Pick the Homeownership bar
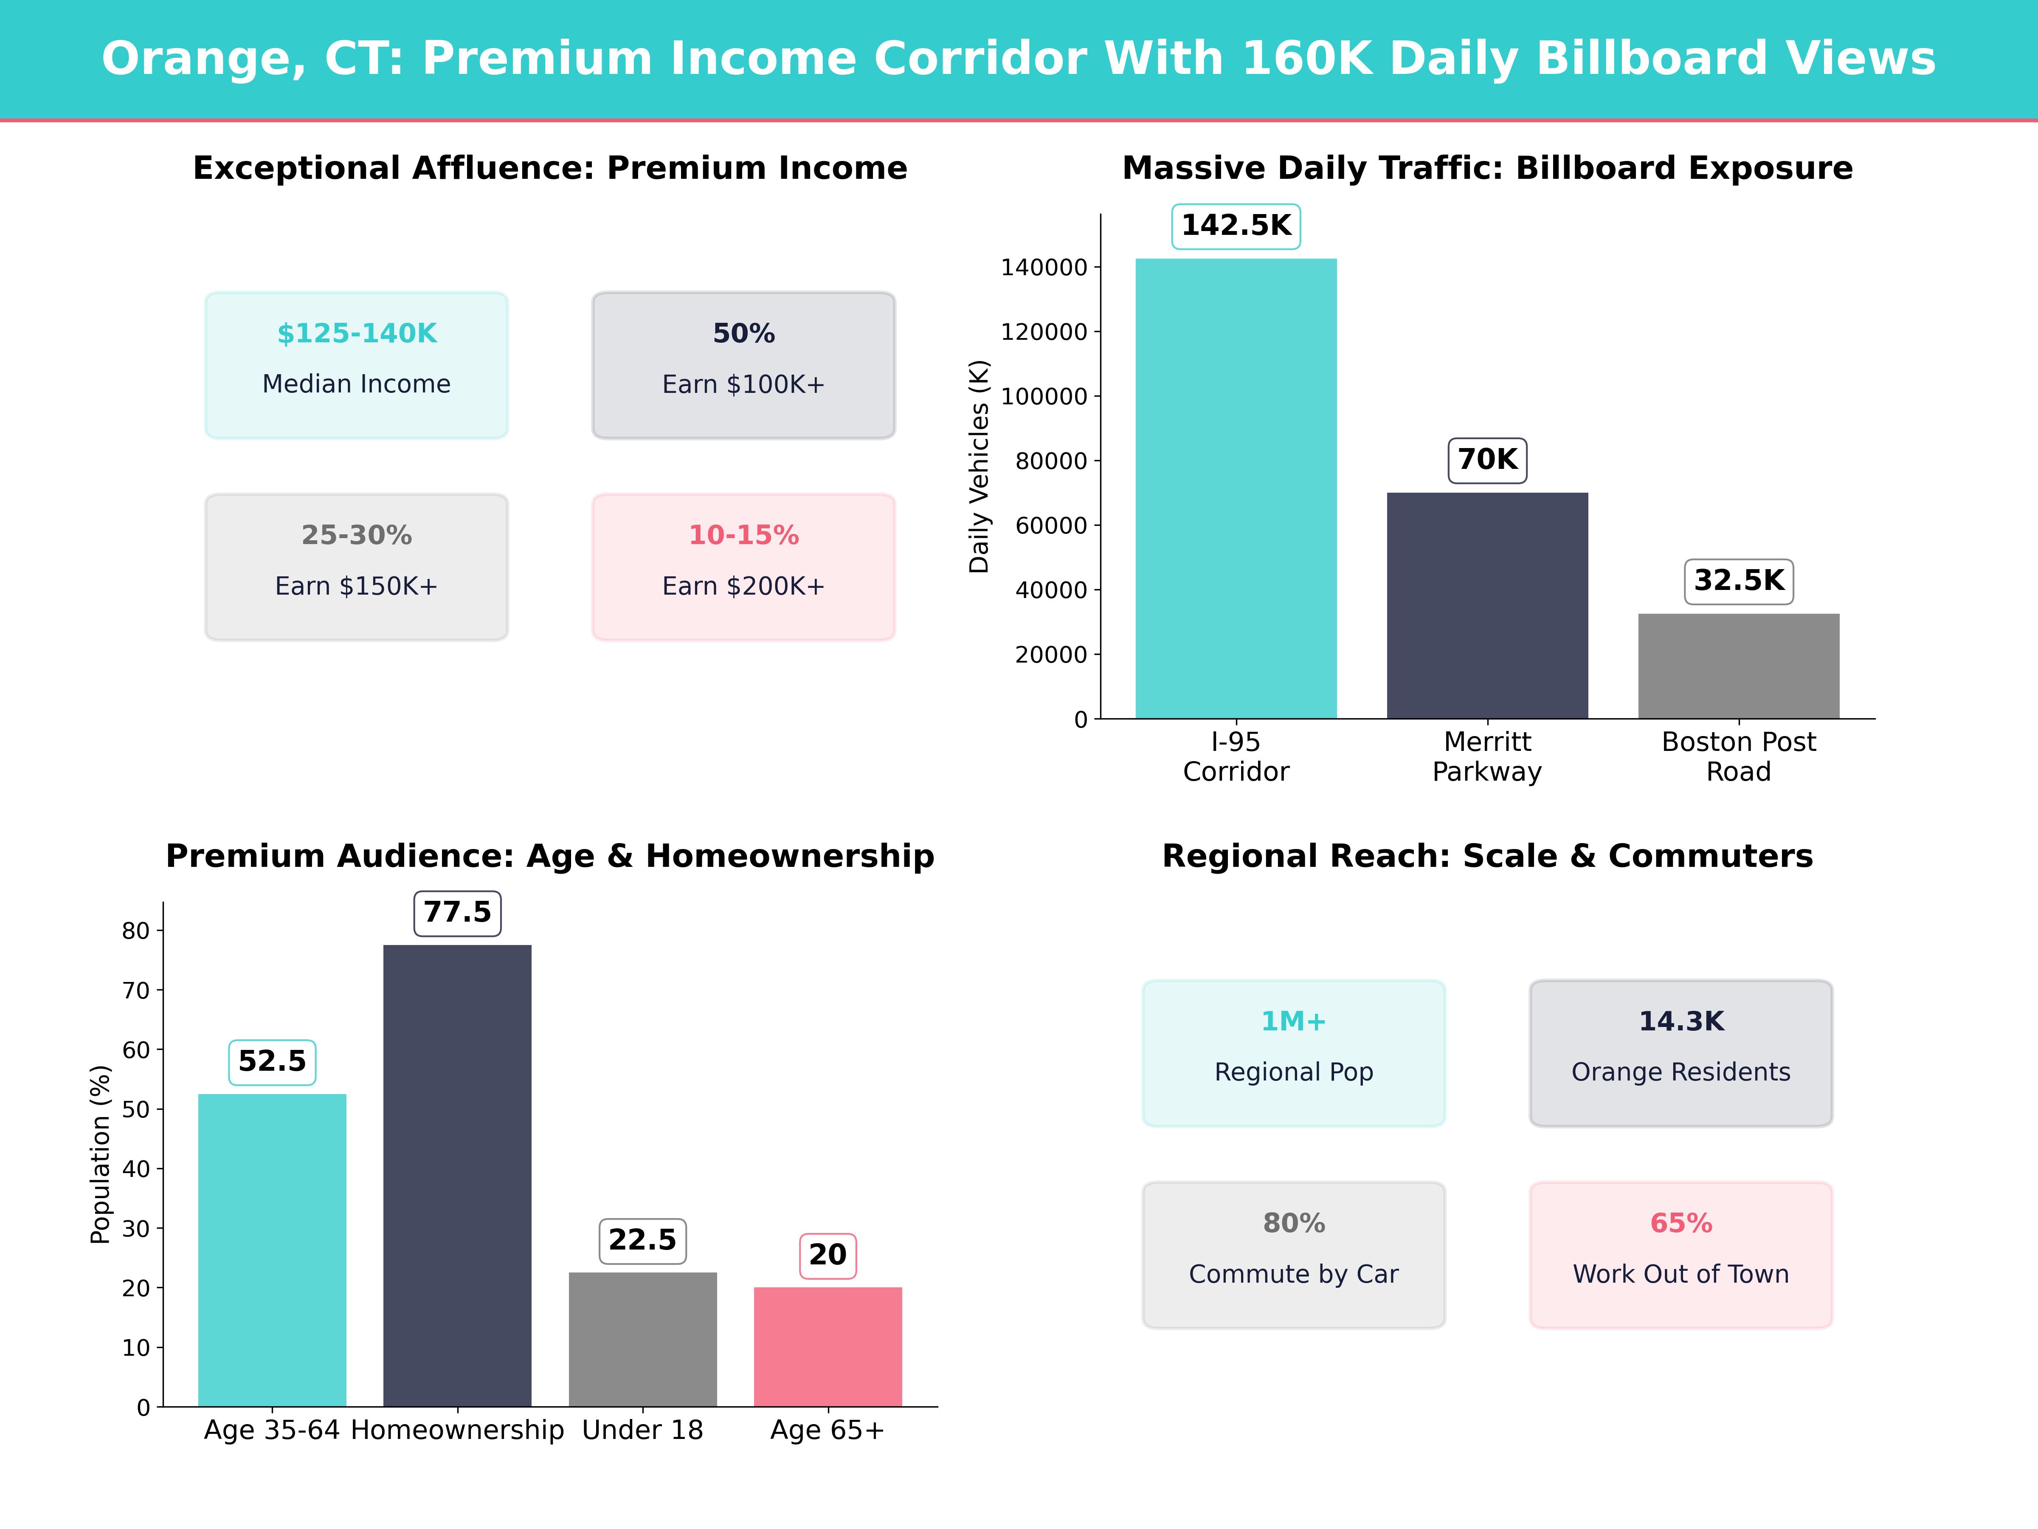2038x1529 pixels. pos(457,1175)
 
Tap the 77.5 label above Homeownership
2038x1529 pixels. pos(457,912)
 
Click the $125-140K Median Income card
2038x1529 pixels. pos(357,365)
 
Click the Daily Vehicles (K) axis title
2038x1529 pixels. pos(979,466)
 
